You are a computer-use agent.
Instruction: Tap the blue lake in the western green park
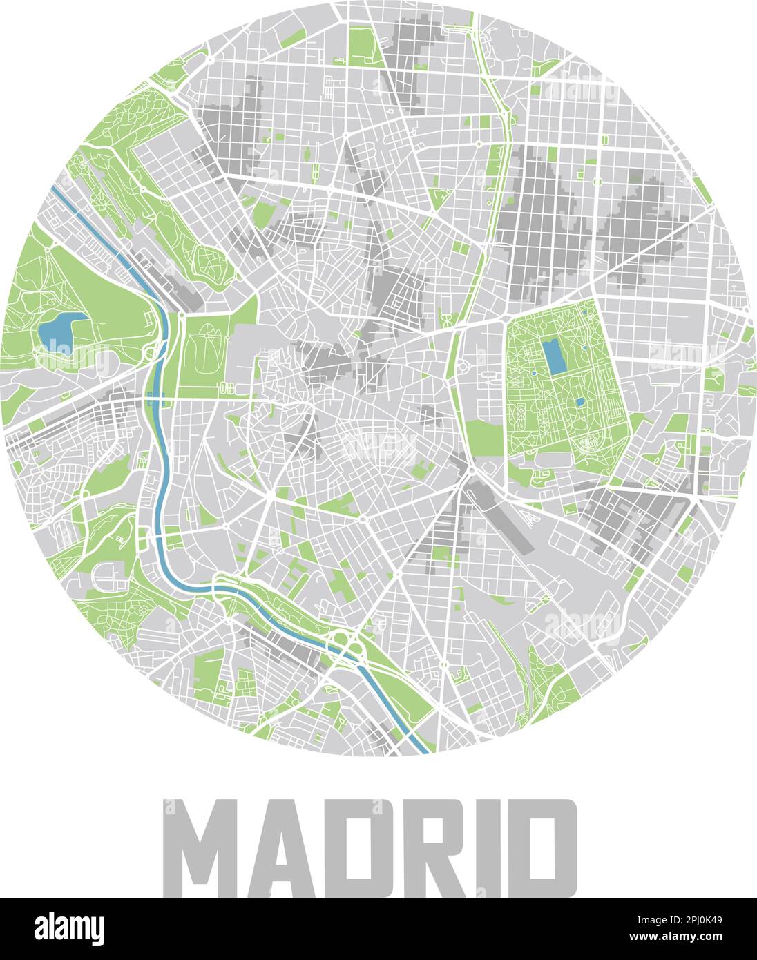(x=59, y=329)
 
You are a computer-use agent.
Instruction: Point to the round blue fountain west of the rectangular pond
(x=533, y=374)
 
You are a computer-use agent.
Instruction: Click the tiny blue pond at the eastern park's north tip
(x=584, y=313)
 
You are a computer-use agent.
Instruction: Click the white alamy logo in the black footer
(x=70, y=928)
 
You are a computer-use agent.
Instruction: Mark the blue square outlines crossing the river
(x=156, y=397)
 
